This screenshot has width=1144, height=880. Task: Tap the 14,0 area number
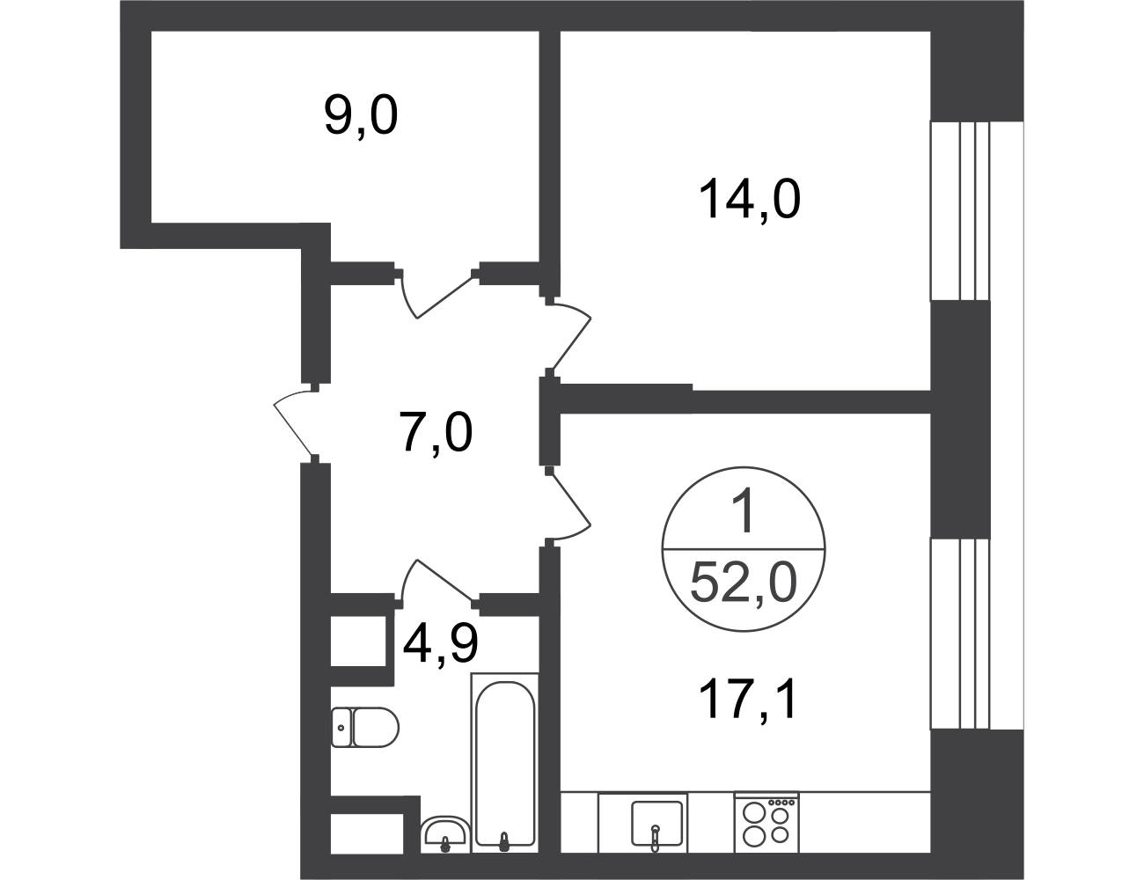pyautogui.click(x=750, y=198)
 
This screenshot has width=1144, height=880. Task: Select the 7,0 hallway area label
pyautogui.click(x=436, y=434)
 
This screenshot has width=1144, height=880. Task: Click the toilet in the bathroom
pyautogui.click(x=365, y=727)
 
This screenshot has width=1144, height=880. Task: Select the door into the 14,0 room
pyautogui.click(x=568, y=338)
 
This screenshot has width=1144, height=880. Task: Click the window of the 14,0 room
pyautogui.click(x=960, y=211)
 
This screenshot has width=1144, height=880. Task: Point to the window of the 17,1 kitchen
pyautogui.click(x=960, y=634)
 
